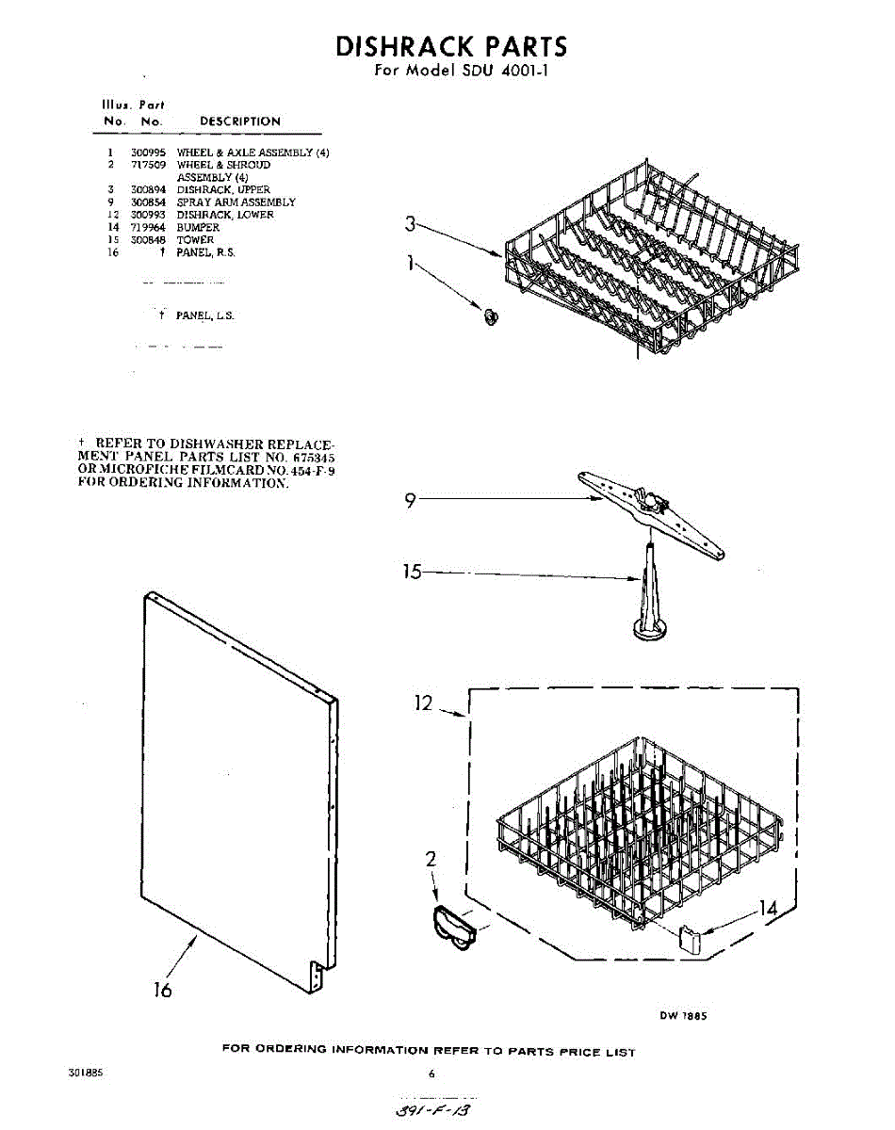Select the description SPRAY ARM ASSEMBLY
coord(236,202)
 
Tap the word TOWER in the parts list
coord(195,240)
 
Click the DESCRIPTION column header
coord(239,121)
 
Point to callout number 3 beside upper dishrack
coord(409,224)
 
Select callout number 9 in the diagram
coord(410,501)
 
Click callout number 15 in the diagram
coord(412,571)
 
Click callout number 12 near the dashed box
coord(423,702)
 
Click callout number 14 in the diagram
coord(769,910)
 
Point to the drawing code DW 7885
coord(683,1016)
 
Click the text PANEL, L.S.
coord(204,316)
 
